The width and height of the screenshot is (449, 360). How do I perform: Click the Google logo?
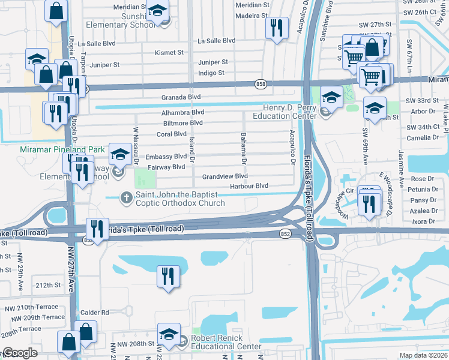click(19, 353)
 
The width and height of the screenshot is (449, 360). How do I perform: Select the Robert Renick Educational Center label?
click(226, 342)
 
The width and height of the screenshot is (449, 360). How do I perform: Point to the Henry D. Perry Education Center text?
click(285, 112)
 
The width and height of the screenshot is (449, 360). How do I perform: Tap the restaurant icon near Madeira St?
click(277, 28)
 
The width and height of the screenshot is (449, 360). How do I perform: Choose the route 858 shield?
click(260, 84)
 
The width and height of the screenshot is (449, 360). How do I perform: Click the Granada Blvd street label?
click(180, 97)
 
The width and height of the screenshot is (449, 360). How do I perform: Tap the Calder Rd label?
click(96, 312)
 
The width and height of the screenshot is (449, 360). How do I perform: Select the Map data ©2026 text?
click(423, 355)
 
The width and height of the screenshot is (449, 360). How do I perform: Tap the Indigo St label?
click(211, 73)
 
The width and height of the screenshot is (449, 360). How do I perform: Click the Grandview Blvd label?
click(224, 176)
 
